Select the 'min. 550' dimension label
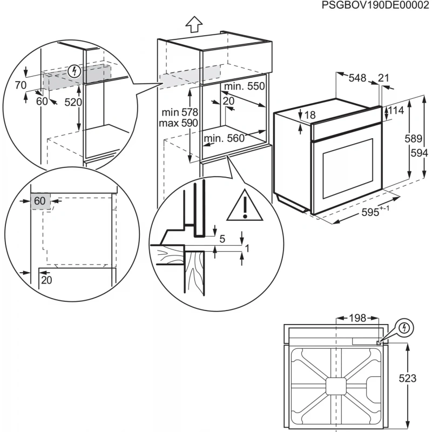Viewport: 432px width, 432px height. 245,86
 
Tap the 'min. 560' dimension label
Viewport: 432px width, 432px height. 224,139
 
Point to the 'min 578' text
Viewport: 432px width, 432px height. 180,112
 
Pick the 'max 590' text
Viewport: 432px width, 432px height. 179,123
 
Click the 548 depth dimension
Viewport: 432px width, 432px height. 357,78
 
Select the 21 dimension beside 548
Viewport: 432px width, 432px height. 383,78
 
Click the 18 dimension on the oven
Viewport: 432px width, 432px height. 309,114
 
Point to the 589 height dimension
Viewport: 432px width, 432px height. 414,139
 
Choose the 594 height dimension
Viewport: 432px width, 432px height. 418,153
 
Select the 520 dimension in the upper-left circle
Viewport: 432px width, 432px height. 73,102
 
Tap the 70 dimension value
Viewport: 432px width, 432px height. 21,85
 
